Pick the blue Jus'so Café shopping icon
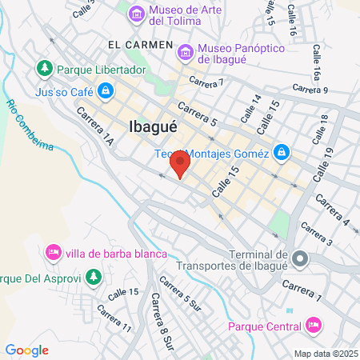[x=105, y=92]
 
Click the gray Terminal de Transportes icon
[x=300, y=258]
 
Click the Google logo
[x=26, y=350]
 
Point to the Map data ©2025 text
[x=324, y=353]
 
